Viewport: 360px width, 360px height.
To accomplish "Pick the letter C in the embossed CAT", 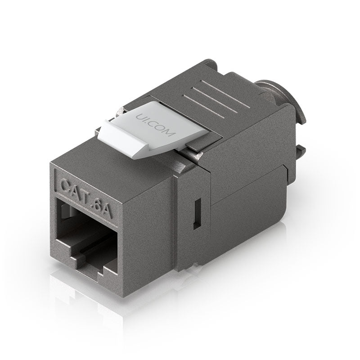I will click(65, 184).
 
